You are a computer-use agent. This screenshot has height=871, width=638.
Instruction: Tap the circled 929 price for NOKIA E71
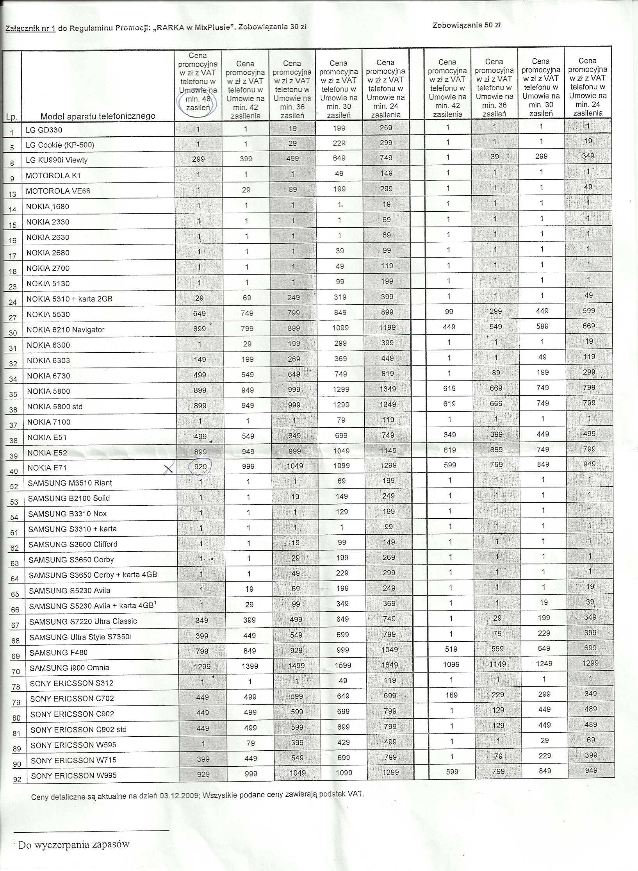coord(200,466)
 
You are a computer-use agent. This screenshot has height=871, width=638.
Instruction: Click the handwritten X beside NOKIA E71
coord(168,469)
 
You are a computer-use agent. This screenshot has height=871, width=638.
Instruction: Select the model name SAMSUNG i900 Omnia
coord(70,668)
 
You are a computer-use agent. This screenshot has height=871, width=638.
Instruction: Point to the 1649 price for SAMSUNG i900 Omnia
coord(390,665)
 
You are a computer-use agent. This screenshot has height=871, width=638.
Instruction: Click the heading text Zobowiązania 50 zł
coord(467,25)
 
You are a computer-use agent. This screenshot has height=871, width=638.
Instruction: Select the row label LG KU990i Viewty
coord(57,160)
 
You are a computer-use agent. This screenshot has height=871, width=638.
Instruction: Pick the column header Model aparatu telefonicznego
coord(98,116)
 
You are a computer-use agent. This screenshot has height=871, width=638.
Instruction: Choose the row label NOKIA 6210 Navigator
coord(66,330)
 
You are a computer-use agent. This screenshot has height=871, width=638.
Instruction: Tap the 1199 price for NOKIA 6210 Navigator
coord(387,327)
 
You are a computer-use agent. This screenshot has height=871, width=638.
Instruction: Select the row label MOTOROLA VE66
coord(53,191)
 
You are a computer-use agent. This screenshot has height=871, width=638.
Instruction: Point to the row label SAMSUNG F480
coord(59,652)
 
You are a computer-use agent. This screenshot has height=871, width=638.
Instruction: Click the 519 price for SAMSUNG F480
coord(451,649)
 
